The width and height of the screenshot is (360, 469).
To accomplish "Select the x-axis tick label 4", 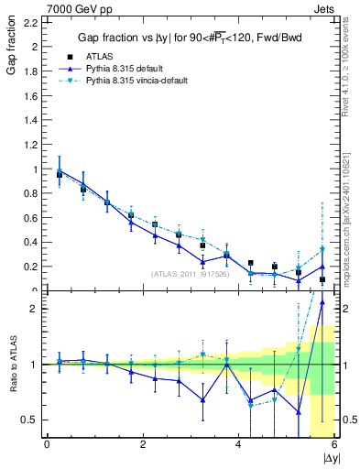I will coord(239,444).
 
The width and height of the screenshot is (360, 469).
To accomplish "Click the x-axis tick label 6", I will coord(335,444).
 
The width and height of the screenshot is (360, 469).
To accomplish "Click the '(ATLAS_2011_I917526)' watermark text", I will coord(191,273).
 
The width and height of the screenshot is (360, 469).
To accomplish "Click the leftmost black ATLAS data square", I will coord(60,174).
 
